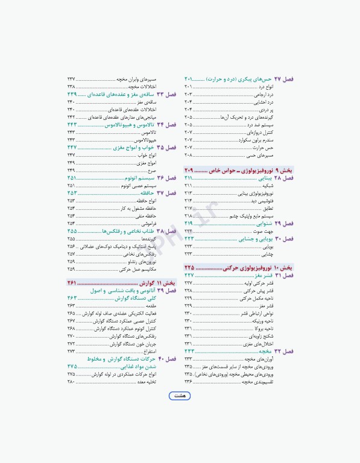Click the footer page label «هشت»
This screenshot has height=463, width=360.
click(x=179, y=396)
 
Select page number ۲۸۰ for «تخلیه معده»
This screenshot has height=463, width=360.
click(x=71, y=382)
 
